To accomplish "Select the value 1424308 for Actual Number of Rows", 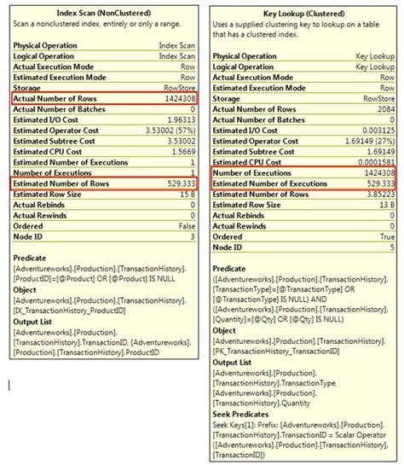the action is (x=178, y=99).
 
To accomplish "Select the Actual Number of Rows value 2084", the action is (x=385, y=110).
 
